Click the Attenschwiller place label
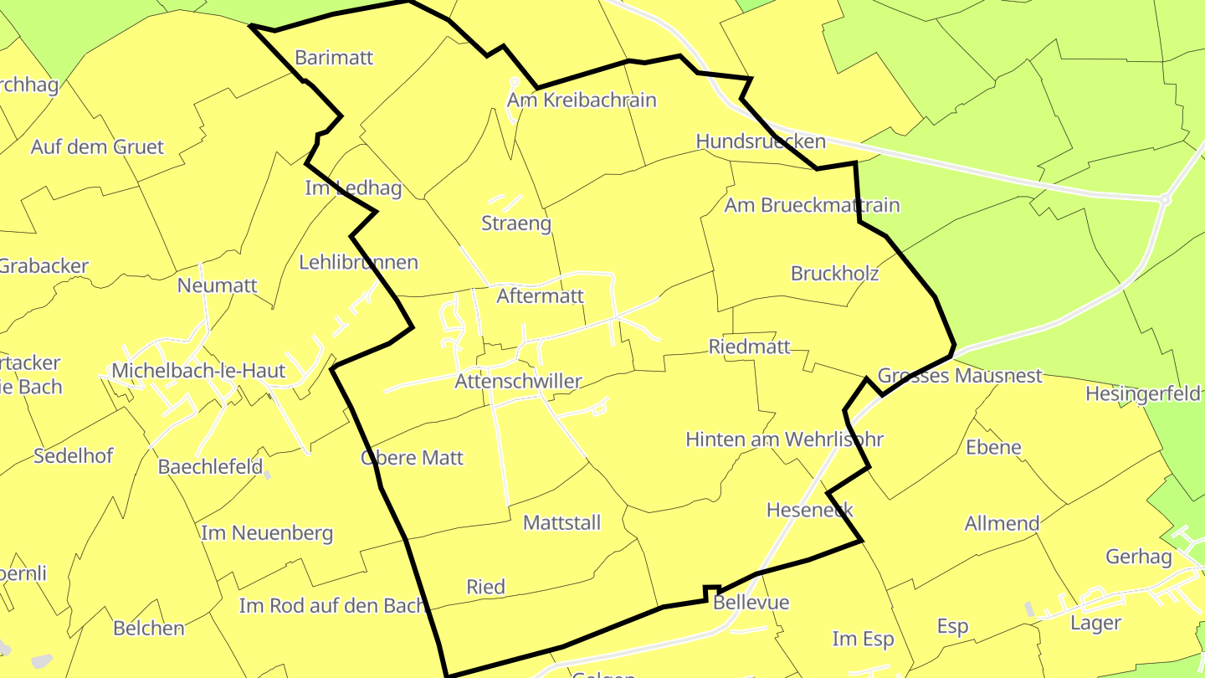tap(518, 382)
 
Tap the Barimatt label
tap(334, 58)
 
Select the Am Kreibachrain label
tap(582, 100)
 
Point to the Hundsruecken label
tap(761, 141)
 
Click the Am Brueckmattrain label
tap(812, 205)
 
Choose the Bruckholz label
tap(834, 274)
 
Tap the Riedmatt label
tap(749, 347)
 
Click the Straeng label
tap(516, 223)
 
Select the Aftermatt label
tap(540, 296)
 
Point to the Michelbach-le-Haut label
tap(198, 371)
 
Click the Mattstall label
tap(561, 523)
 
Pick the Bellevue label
tap(751, 603)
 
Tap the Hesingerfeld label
tap(1142, 393)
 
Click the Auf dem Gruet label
tap(97, 147)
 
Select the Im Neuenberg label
tap(267, 533)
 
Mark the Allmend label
tap(1002, 524)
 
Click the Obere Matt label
tap(412, 458)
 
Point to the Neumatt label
tap(217, 285)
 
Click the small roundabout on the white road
tap(1164, 200)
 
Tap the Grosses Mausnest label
tap(960, 376)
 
